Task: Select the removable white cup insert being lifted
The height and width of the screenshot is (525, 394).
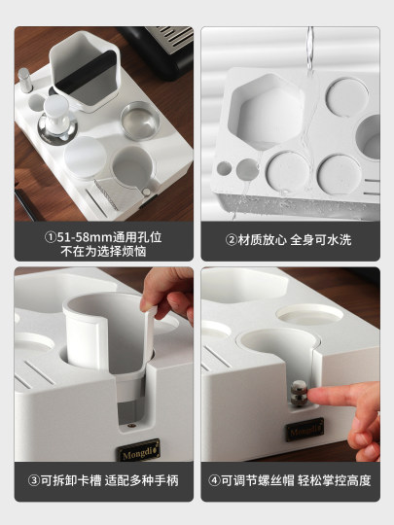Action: tap(104, 340)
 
